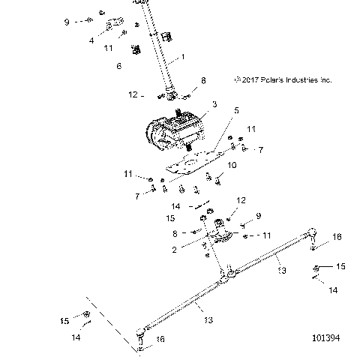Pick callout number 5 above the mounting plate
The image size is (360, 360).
click(x=236, y=111)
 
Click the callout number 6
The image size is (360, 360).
click(x=118, y=66)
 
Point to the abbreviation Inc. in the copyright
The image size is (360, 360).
click(x=323, y=79)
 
